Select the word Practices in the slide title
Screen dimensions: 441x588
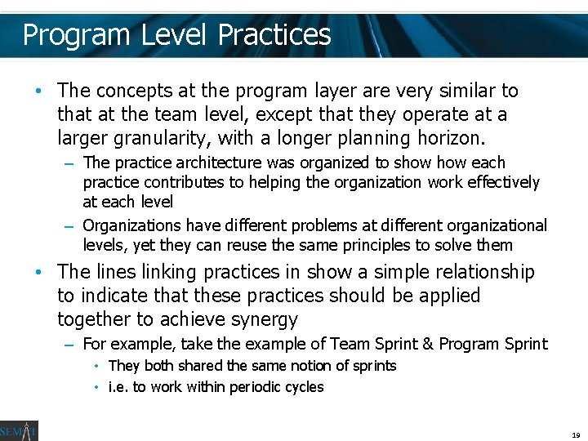(274, 35)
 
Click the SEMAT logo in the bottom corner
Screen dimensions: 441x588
(19, 430)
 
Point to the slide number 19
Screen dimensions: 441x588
(576, 435)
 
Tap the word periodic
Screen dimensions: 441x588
(243, 387)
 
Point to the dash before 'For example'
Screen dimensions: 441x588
(69, 345)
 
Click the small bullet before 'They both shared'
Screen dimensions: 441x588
(96, 366)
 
